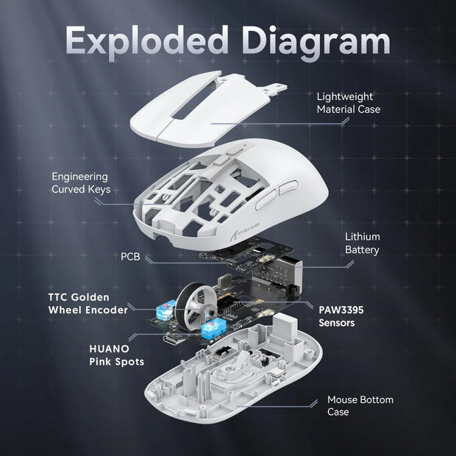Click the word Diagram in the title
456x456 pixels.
pyautogui.click(x=318, y=41)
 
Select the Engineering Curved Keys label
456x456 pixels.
pyautogui.click(x=80, y=183)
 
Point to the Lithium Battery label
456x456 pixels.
pyautogui.click(x=363, y=243)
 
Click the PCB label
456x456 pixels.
pyautogui.click(x=130, y=257)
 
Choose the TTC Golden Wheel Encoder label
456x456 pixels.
pyautogui.click(x=88, y=303)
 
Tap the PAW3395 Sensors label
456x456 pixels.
pyautogui.click(x=341, y=316)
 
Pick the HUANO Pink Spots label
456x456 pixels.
pyautogui.click(x=115, y=355)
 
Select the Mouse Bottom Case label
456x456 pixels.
pyautogui.click(x=360, y=405)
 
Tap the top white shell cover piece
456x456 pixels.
pyautogui.click(x=213, y=110)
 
